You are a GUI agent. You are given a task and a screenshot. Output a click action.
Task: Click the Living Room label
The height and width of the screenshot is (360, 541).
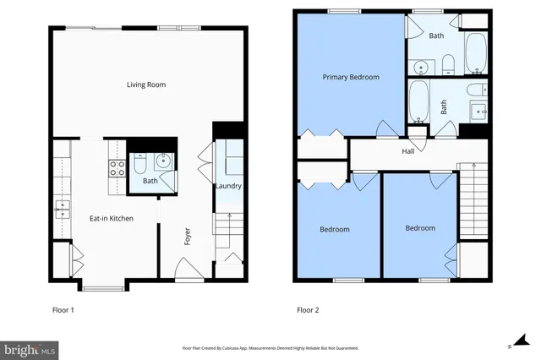[x=145, y=85]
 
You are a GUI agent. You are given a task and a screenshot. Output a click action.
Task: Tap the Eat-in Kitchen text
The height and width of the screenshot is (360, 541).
[x=112, y=219]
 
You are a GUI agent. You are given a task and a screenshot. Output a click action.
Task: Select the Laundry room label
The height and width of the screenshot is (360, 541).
[x=228, y=186]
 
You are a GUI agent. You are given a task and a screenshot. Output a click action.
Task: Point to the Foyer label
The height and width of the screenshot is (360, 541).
[x=188, y=236]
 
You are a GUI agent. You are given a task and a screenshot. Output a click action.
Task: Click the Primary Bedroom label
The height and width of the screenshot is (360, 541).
[x=351, y=77]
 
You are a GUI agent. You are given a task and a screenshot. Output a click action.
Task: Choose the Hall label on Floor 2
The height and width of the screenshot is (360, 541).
[x=407, y=151]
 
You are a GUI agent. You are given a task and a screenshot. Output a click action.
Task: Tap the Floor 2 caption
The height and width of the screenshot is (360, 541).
[x=308, y=310]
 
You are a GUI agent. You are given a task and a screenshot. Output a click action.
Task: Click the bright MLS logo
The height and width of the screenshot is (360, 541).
[x=29, y=348]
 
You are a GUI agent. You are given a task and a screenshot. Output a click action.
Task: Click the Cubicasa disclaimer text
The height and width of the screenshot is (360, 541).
[x=270, y=348]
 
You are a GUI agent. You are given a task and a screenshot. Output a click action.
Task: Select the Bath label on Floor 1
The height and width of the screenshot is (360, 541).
[x=150, y=181]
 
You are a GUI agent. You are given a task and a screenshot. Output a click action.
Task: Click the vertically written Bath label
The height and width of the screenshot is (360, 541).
[x=443, y=106]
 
